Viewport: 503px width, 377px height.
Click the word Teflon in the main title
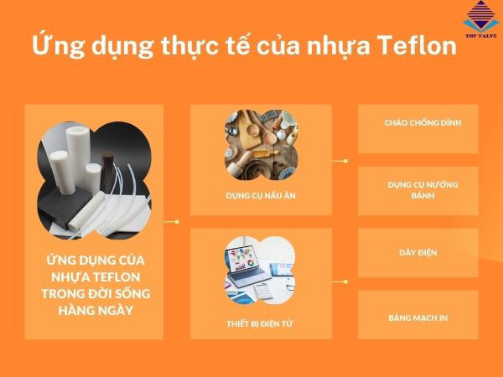coord(417,45)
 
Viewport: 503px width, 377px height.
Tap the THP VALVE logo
coord(481,19)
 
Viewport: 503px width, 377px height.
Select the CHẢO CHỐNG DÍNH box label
coord(423,122)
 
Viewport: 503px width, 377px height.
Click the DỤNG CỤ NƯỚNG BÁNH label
coord(423,190)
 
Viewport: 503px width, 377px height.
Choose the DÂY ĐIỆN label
coord(418,252)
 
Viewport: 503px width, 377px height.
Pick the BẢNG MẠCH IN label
coord(418,318)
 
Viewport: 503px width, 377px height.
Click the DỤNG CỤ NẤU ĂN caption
coord(261,195)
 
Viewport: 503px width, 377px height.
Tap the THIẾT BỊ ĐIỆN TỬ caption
coord(260,323)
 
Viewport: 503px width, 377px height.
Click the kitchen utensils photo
coord(261,145)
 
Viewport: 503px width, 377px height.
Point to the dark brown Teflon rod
coord(106,173)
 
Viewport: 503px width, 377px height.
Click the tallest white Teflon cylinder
coord(78,158)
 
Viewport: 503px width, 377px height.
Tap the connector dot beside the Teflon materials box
coord(177,221)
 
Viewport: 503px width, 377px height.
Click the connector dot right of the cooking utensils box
coord(345,161)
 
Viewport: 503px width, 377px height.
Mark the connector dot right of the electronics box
coord(345,281)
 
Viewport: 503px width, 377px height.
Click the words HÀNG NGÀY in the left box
coord(96,310)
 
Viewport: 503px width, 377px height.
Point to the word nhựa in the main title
coord(339,46)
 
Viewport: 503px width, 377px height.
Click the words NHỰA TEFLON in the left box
coord(96,276)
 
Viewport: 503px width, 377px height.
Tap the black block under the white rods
coord(65,205)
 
